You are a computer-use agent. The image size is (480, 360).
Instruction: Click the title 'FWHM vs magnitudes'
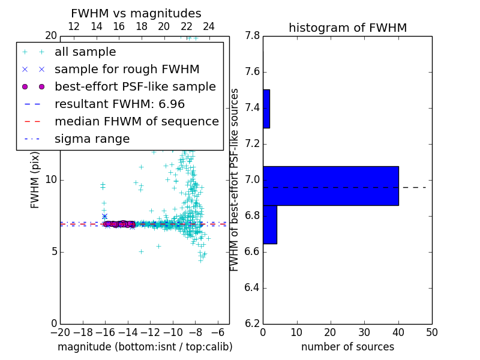click(x=136, y=14)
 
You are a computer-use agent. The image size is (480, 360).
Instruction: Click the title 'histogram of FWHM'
click(x=347, y=28)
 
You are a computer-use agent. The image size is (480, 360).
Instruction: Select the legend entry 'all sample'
click(x=85, y=52)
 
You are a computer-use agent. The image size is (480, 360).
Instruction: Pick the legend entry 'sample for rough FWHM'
click(x=127, y=70)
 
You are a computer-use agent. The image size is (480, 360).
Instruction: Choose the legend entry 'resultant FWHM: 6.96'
click(x=111, y=104)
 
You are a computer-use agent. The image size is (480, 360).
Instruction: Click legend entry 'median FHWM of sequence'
click(x=136, y=122)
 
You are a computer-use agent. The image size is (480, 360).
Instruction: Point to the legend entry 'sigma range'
click(x=92, y=139)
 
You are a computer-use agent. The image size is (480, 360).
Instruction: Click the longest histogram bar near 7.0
click(x=331, y=185)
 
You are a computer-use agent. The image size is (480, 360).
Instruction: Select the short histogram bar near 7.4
click(x=266, y=109)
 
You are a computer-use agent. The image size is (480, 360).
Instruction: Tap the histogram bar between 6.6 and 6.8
click(x=270, y=224)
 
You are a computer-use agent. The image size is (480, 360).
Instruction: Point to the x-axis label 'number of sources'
click(x=347, y=347)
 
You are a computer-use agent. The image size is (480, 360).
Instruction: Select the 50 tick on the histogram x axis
click(x=431, y=331)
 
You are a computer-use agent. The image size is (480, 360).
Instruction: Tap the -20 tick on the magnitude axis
click(x=60, y=331)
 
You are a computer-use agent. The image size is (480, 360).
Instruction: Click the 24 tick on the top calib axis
click(x=209, y=27)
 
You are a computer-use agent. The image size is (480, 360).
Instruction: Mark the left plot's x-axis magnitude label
click(x=145, y=347)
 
